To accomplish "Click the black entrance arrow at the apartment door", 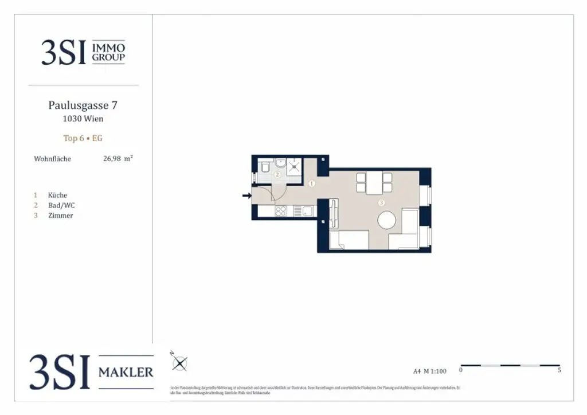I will click(x=246, y=196).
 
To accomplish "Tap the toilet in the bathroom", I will click(x=265, y=167).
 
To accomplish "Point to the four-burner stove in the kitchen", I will click(x=281, y=211).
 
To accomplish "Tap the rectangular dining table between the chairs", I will click(x=374, y=182).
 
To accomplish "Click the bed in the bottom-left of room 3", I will click(x=349, y=240).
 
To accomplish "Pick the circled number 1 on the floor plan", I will click(x=312, y=184).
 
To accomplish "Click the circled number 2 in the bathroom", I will click(x=277, y=175).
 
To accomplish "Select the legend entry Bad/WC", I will click(x=61, y=205).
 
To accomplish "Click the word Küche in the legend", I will click(x=57, y=195).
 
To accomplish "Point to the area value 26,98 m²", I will click(x=118, y=159).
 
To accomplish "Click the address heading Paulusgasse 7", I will click(x=83, y=105).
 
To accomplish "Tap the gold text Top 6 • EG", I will click(x=83, y=138).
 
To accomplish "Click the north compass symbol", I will click(x=179, y=363).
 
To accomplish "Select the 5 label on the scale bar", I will click(x=559, y=370).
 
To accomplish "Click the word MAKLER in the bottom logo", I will click(x=126, y=373).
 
